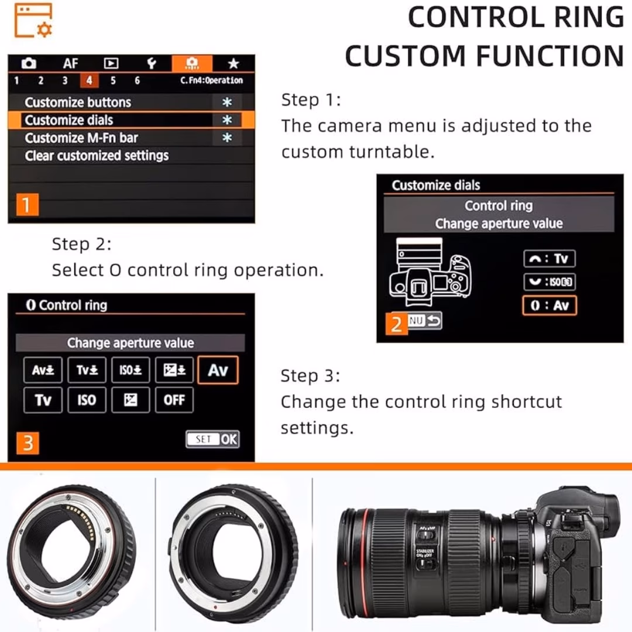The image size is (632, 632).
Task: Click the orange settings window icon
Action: (33, 20)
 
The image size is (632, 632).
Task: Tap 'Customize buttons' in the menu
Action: (78, 102)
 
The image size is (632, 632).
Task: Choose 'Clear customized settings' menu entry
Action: (97, 156)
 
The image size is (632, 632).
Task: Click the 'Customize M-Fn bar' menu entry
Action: (81, 138)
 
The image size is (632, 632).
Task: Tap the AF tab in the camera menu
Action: (70, 64)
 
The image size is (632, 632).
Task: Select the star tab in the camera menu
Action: (233, 64)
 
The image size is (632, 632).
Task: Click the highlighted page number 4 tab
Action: (89, 81)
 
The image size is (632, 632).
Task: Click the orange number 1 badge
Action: (26, 205)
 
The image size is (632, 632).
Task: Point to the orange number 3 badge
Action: (28, 444)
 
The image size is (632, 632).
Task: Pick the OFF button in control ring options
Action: (174, 400)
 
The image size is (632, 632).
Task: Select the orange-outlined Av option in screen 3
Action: (218, 370)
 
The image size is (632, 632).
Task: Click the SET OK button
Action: (212, 439)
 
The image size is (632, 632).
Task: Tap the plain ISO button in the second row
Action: (87, 400)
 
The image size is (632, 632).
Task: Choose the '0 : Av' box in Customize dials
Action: (549, 305)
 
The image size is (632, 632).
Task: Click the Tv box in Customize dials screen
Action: (549, 259)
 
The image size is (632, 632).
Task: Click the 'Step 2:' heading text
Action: (81, 243)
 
